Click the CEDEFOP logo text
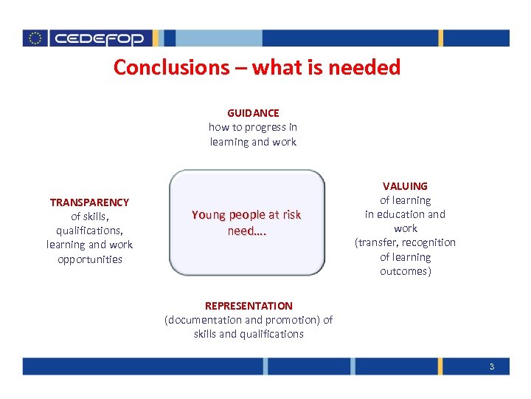tap(100, 38)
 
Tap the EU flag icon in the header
tap(35, 38)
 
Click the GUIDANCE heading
tap(253, 113)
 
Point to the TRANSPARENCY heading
tap(89, 202)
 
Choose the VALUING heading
tap(405, 186)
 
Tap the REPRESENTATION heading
tap(249, 306)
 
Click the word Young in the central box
tap(208, 215)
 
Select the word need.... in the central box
tap(246, 231)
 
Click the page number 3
tap(491, 366)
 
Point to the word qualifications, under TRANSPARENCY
tap(89, 231)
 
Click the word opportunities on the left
tap(90, 259)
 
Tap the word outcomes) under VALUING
tap(405, 271)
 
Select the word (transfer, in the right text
tap(377, 243)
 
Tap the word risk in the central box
tap(290, 215)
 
